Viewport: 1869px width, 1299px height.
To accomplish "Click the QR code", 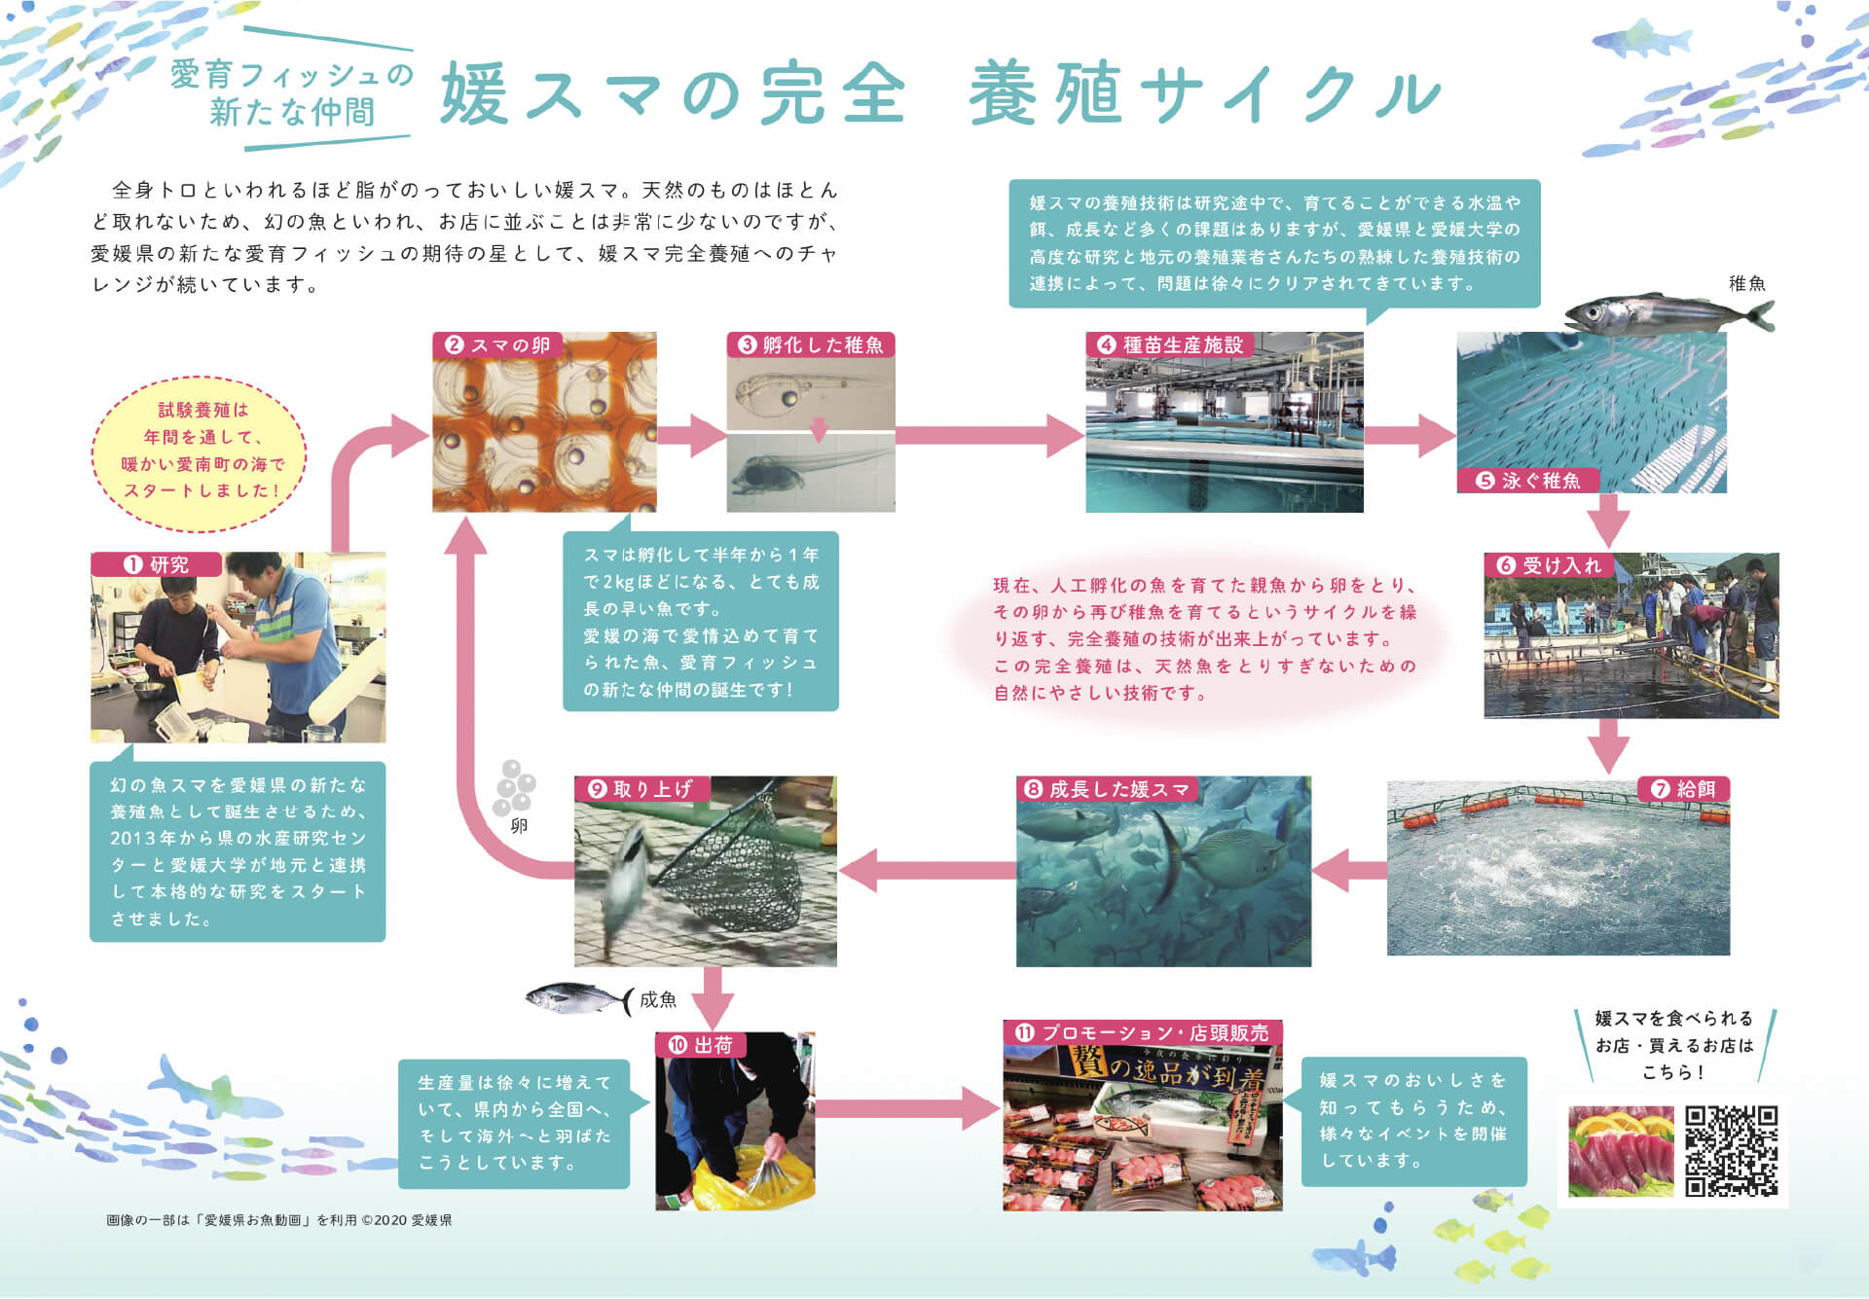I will (x=1731, y=1150).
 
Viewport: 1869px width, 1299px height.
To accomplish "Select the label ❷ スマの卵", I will (x=497, y=345).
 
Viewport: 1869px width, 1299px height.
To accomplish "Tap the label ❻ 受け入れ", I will (x=1550, y=565).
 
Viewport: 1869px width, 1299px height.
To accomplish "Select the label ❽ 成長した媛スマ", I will (x=1107, y=789).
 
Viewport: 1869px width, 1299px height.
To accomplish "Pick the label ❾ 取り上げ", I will (x=641, y=789).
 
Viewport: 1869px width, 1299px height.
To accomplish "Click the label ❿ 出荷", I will (x=701, y=1045).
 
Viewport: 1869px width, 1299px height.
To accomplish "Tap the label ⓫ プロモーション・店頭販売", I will (x=1143, y=1033).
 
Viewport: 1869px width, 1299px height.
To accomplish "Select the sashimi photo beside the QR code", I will (x=1620, y=1151).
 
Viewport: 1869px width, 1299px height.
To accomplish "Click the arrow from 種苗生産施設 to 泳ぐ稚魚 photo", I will (x=1410, y=435).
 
